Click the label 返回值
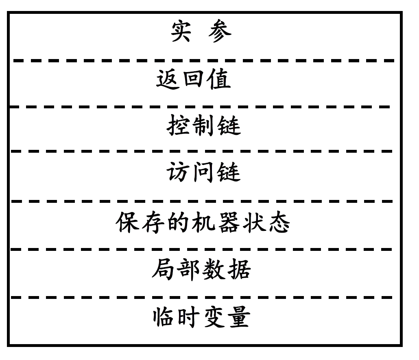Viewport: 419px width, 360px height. coord(194,79)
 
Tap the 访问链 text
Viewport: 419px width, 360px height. coord(203,173)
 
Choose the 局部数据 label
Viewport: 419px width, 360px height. coord(201,269)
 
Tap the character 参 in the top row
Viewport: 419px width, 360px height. coord(220,32)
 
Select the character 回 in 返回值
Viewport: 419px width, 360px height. coord(194,79)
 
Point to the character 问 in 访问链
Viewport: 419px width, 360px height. coord(203,173)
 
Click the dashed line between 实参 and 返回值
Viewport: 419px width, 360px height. coord(203,61)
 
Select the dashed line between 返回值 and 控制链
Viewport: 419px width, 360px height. coord(203,107)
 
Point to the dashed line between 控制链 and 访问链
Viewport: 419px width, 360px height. coord(203,151)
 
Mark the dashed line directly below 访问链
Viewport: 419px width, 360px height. coord(203,201)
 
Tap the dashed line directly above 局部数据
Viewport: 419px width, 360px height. coord(203,249)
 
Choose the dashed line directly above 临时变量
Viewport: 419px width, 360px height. coord(203,298)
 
